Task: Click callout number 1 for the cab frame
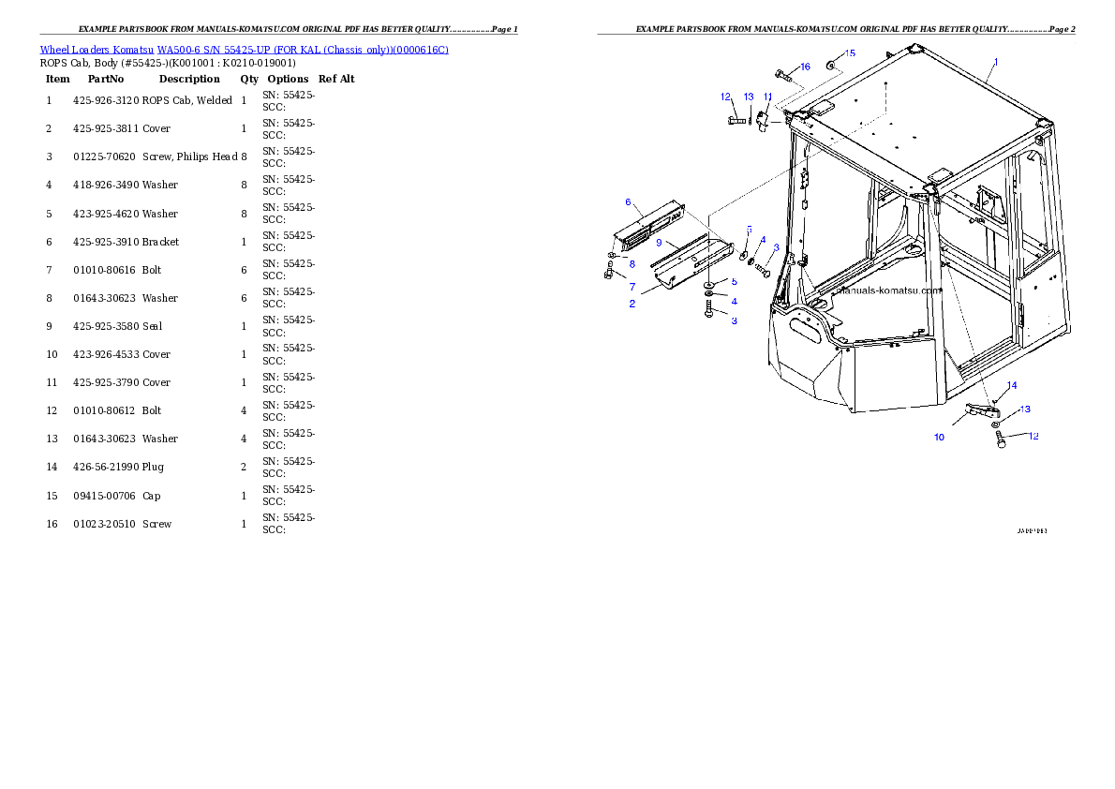click(995, 61)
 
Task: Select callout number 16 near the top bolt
click(805, 67)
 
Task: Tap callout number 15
click(850, 53)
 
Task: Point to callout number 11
click(767, 97)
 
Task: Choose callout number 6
click(628, 202)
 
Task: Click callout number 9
click(659, 242)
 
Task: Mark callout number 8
click(632, 264)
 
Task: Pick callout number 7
click(632, 287)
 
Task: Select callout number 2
click(632, 304)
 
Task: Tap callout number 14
click(1011, 385)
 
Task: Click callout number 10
click(939, 437)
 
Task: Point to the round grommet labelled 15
click(830, 67)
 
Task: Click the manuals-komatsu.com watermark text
click(887, 290)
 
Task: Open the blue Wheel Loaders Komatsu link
click(244, 50)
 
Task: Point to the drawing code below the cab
click(1032, 531)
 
